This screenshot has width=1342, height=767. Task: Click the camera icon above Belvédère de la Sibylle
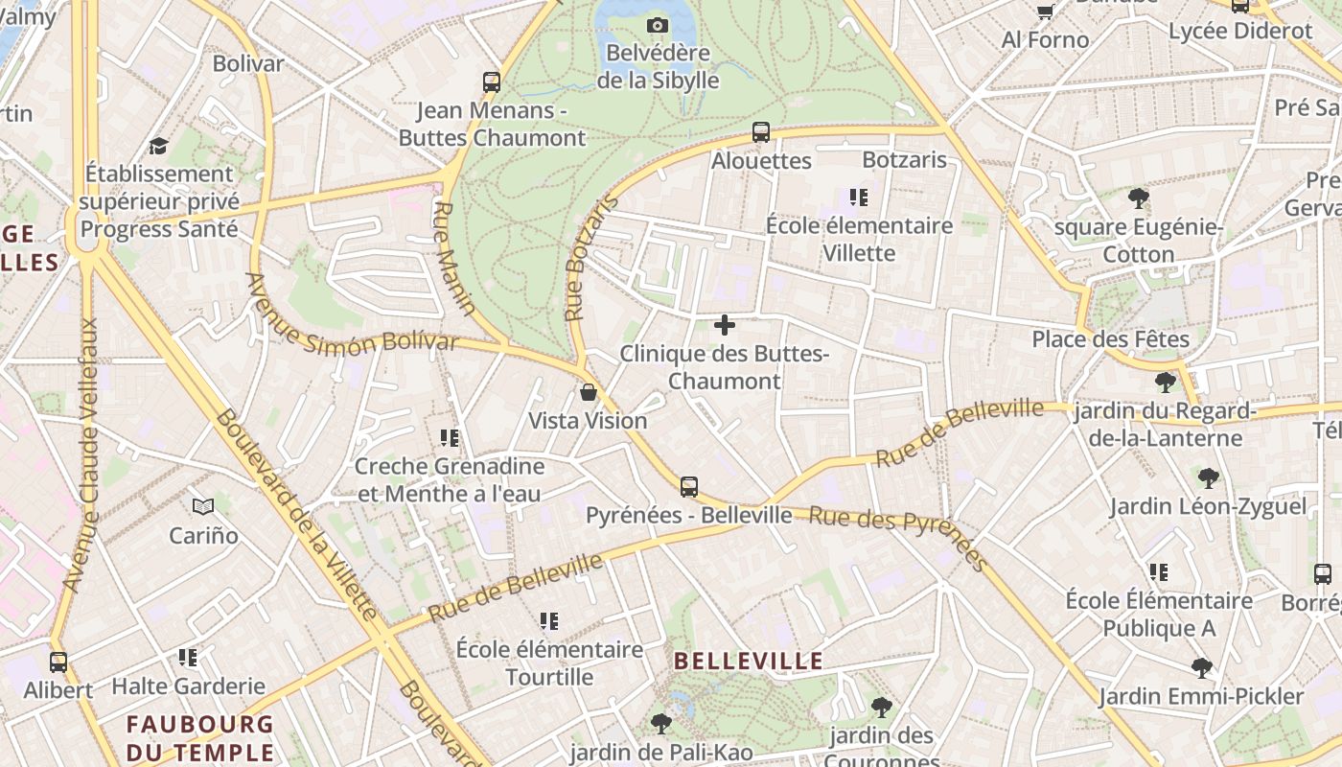point(658,26)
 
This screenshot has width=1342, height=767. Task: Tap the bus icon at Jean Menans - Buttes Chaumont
point(492,82)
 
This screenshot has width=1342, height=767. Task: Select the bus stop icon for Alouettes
point(761,132)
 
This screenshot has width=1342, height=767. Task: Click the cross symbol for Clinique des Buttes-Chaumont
point(725,326)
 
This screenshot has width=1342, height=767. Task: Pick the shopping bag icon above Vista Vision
point(589,392)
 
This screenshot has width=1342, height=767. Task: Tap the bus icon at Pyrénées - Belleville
point(689,486)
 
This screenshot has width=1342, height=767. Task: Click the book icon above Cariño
point(203,505)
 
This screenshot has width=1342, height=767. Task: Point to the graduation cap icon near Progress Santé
point(158,146)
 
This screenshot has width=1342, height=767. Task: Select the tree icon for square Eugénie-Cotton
point(1139,199)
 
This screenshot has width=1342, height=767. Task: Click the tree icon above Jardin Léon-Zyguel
point(1209,477)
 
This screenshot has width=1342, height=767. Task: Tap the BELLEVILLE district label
point(749,661)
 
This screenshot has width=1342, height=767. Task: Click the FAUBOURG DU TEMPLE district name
point(200,737)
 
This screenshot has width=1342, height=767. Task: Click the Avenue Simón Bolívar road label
point(352,314)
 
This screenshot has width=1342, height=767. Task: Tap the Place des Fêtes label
point(1110,338)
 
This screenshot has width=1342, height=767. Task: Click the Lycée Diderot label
point(1240,31)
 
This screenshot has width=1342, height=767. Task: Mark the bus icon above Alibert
point(58,662)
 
